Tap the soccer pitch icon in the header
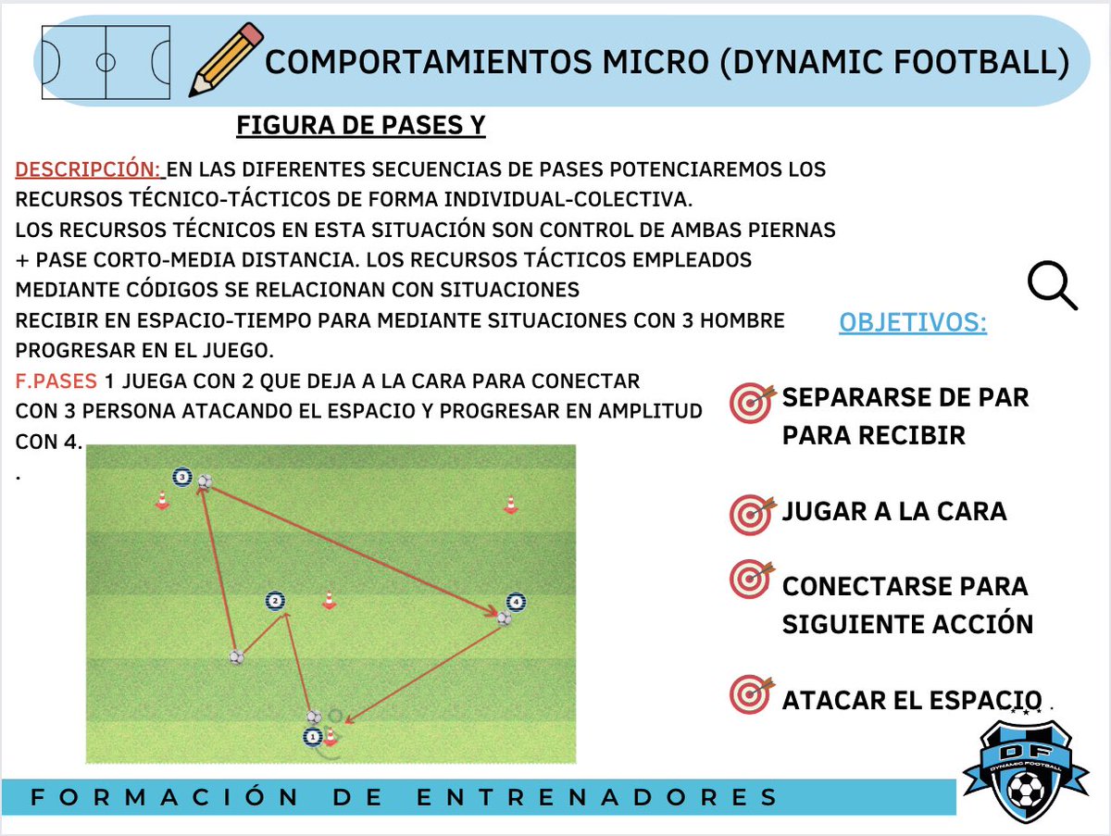106,63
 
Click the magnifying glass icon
1054,284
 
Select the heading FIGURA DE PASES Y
361,125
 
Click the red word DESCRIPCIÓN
88,170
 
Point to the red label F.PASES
56,381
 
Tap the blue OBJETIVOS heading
912,323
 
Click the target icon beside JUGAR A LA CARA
750,513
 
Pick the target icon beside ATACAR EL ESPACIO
750,693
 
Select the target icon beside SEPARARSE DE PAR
750,404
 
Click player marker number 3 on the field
182,478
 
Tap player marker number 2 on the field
275,602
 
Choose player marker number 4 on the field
515,602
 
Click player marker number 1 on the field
312,738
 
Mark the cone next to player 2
328,600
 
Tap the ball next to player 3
205,481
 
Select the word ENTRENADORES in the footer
595,797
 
